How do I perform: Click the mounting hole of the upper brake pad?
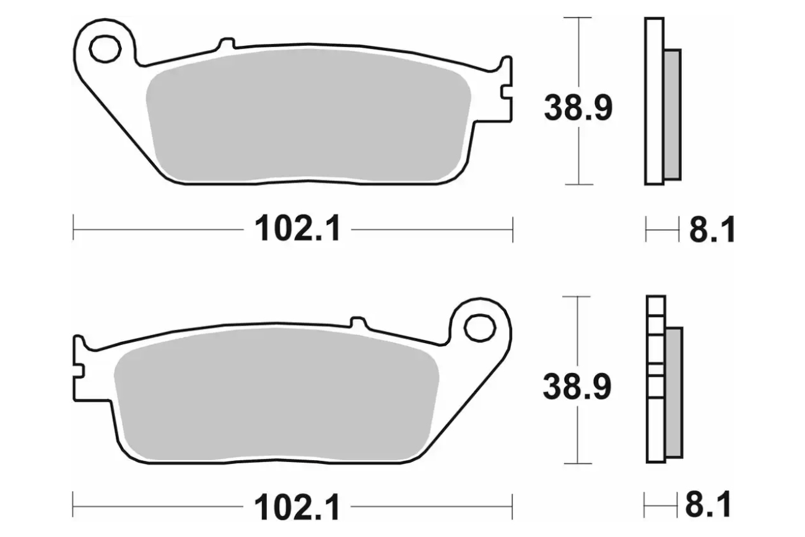tap(105, 49)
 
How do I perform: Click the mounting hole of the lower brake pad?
tap(480, 328)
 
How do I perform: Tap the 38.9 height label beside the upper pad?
tap(578, 108)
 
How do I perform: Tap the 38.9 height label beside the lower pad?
tap(577, 387)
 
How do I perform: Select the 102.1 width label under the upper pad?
tap(297, 229)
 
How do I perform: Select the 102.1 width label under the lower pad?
tap(297, 507)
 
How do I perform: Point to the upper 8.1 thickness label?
tap(712, 229)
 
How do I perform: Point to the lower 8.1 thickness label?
tap(708, 504)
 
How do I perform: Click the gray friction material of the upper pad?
tap(308, 115)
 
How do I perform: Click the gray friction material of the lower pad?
tap(276, 395)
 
